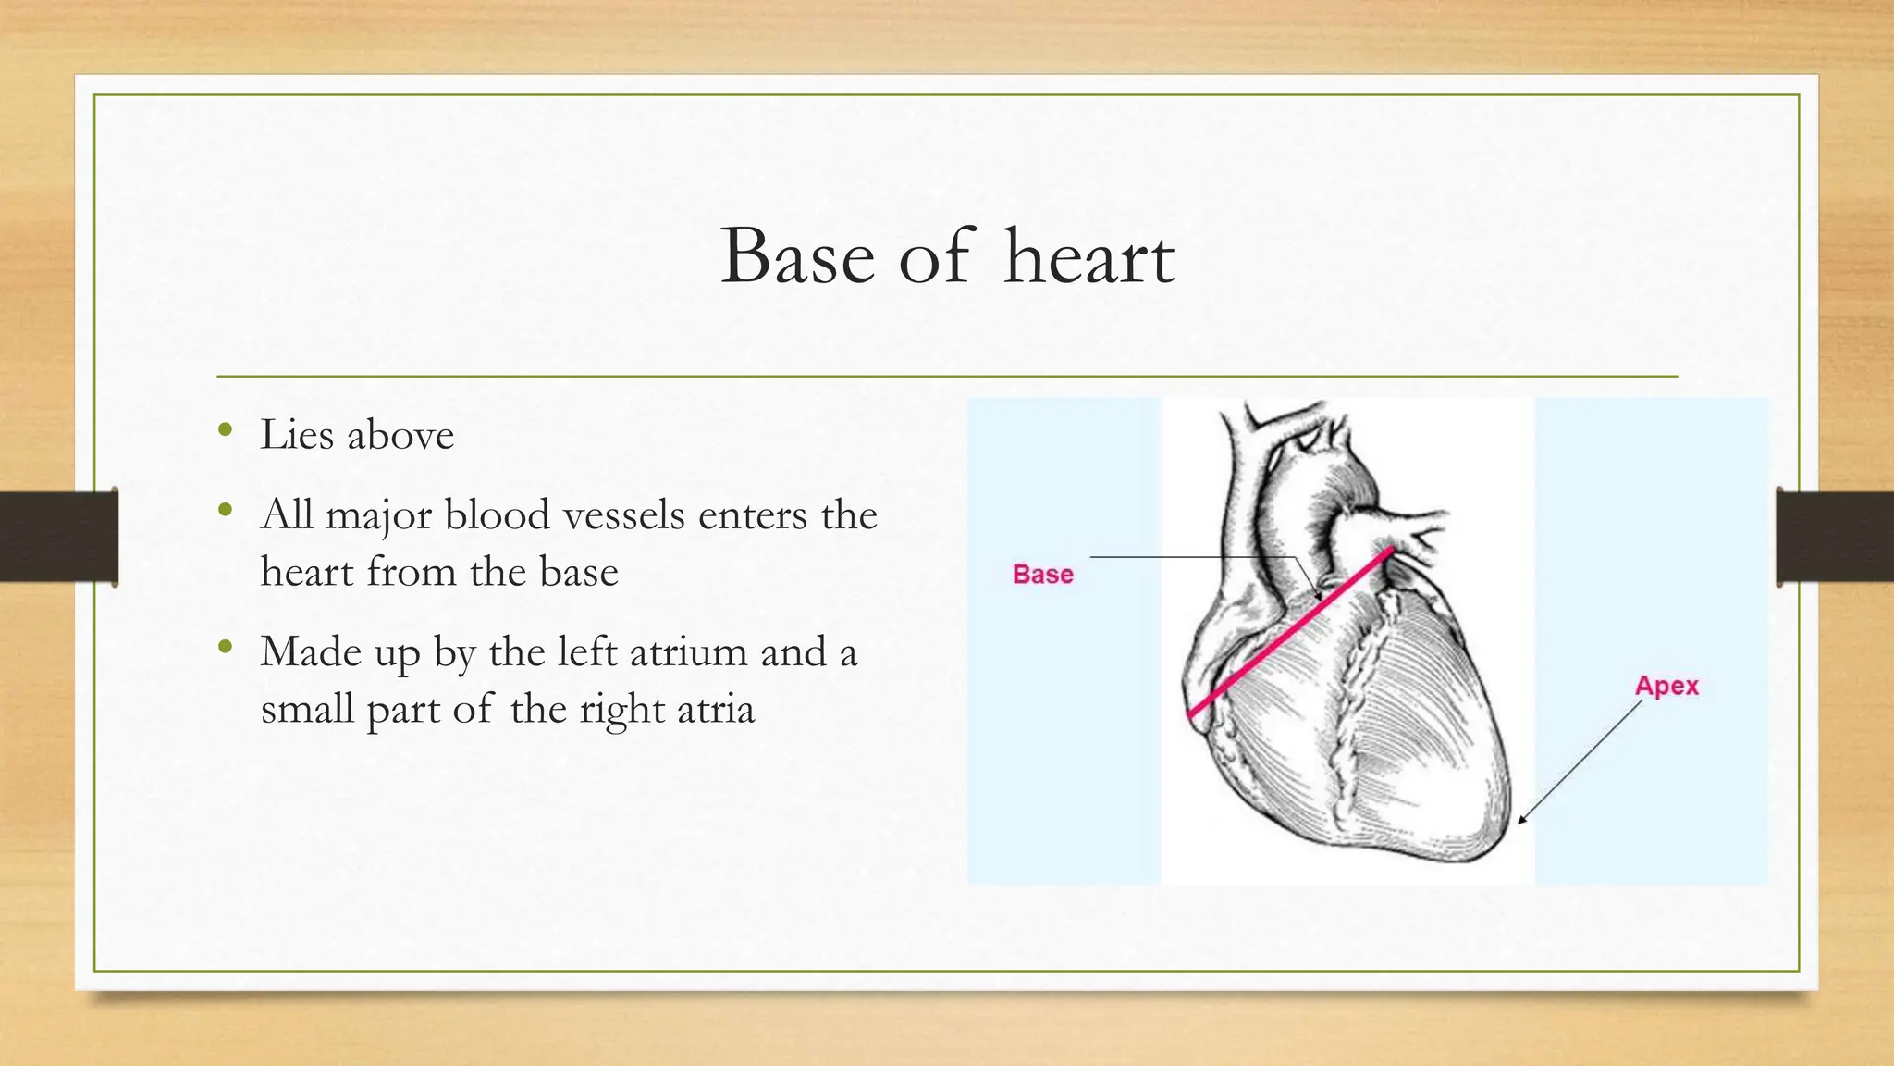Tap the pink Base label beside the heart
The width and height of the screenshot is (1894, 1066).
coord(1042,574)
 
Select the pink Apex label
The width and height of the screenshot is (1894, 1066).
coord(1666,686)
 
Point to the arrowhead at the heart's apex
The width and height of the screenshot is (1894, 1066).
coord(1522,820)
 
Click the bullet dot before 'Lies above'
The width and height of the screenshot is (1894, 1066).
coord(225,428)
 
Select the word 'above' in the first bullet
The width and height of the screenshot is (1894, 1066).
coord(400,434)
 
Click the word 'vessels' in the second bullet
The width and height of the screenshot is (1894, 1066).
coord(624,514)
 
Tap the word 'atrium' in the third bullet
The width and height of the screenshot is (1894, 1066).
coord(689,651)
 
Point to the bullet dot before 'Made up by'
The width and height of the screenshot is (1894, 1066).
coord(225,646)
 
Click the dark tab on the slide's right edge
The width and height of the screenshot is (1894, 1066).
coord(1835,536)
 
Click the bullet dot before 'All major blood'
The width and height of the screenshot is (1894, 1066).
coord(225,509)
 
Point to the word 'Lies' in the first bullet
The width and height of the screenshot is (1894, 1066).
coord(296,434)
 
